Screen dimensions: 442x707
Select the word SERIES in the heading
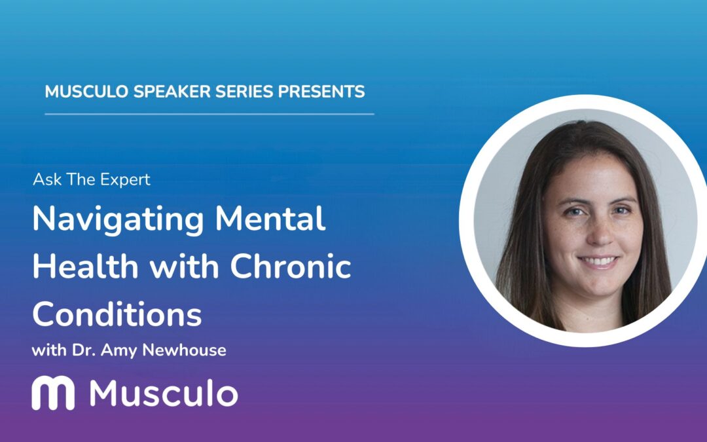238,92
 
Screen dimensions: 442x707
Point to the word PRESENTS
321,92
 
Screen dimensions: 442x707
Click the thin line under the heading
209,114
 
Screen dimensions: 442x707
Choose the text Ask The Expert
91,179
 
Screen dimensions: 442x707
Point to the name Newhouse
190,350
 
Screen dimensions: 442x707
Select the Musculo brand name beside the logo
164,394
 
